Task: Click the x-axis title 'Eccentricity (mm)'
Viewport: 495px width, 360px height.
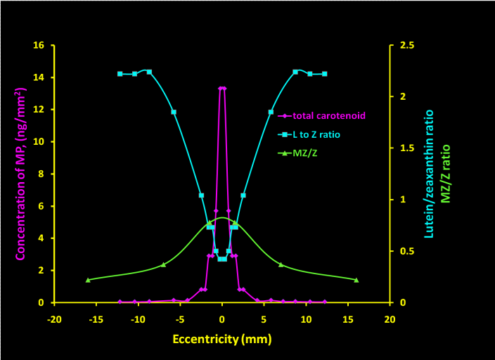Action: point(221,339)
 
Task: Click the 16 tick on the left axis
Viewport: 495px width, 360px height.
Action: point(39,46)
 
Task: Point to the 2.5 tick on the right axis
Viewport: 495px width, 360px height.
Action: point(406,46)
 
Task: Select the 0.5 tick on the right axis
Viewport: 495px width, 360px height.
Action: point(406,252)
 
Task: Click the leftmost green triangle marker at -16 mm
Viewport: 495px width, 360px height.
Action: point(88,280)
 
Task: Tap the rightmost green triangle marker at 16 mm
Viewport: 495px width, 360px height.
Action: point(356,280)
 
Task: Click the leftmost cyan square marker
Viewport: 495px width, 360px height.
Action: point(120,74)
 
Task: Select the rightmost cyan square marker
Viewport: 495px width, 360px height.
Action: point(325,74)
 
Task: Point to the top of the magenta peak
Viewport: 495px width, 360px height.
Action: point(222,89)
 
